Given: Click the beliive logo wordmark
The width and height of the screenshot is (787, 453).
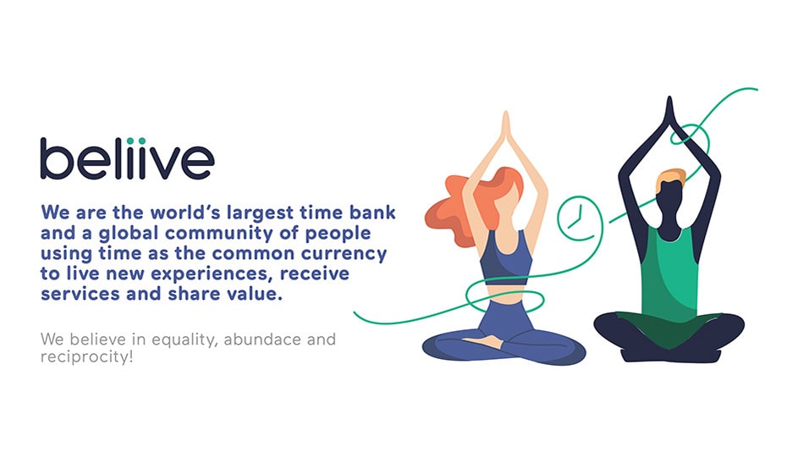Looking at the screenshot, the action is point(128,158).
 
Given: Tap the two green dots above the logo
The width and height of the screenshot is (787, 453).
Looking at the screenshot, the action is point(136,141).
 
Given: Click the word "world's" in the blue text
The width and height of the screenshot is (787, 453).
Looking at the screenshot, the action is point(185,213).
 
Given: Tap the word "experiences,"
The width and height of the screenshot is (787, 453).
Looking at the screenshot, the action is point(212,274).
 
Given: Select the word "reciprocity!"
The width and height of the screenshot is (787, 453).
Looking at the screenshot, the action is point(87,357).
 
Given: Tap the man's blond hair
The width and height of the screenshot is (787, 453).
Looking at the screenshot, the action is point(670,178).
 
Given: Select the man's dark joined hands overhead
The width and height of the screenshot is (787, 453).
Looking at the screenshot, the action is point(669,112).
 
